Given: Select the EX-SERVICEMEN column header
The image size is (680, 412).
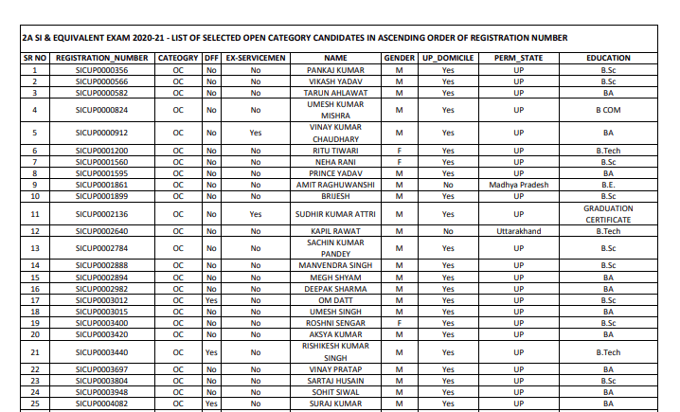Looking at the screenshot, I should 255,58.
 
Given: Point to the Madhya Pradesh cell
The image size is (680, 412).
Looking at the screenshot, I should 518,185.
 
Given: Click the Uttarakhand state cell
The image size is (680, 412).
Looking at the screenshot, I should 518,230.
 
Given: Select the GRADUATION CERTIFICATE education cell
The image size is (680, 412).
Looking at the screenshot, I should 608,213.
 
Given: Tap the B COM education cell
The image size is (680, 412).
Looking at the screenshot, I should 608,110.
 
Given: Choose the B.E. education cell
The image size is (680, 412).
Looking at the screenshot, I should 608,185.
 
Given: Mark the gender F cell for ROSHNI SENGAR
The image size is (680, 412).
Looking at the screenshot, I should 400,323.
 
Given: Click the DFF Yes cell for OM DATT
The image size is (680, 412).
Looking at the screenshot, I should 211,300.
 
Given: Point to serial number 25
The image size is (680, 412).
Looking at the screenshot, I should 35,403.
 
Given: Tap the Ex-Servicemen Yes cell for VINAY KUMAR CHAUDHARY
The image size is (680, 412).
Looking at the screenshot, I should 255,133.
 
